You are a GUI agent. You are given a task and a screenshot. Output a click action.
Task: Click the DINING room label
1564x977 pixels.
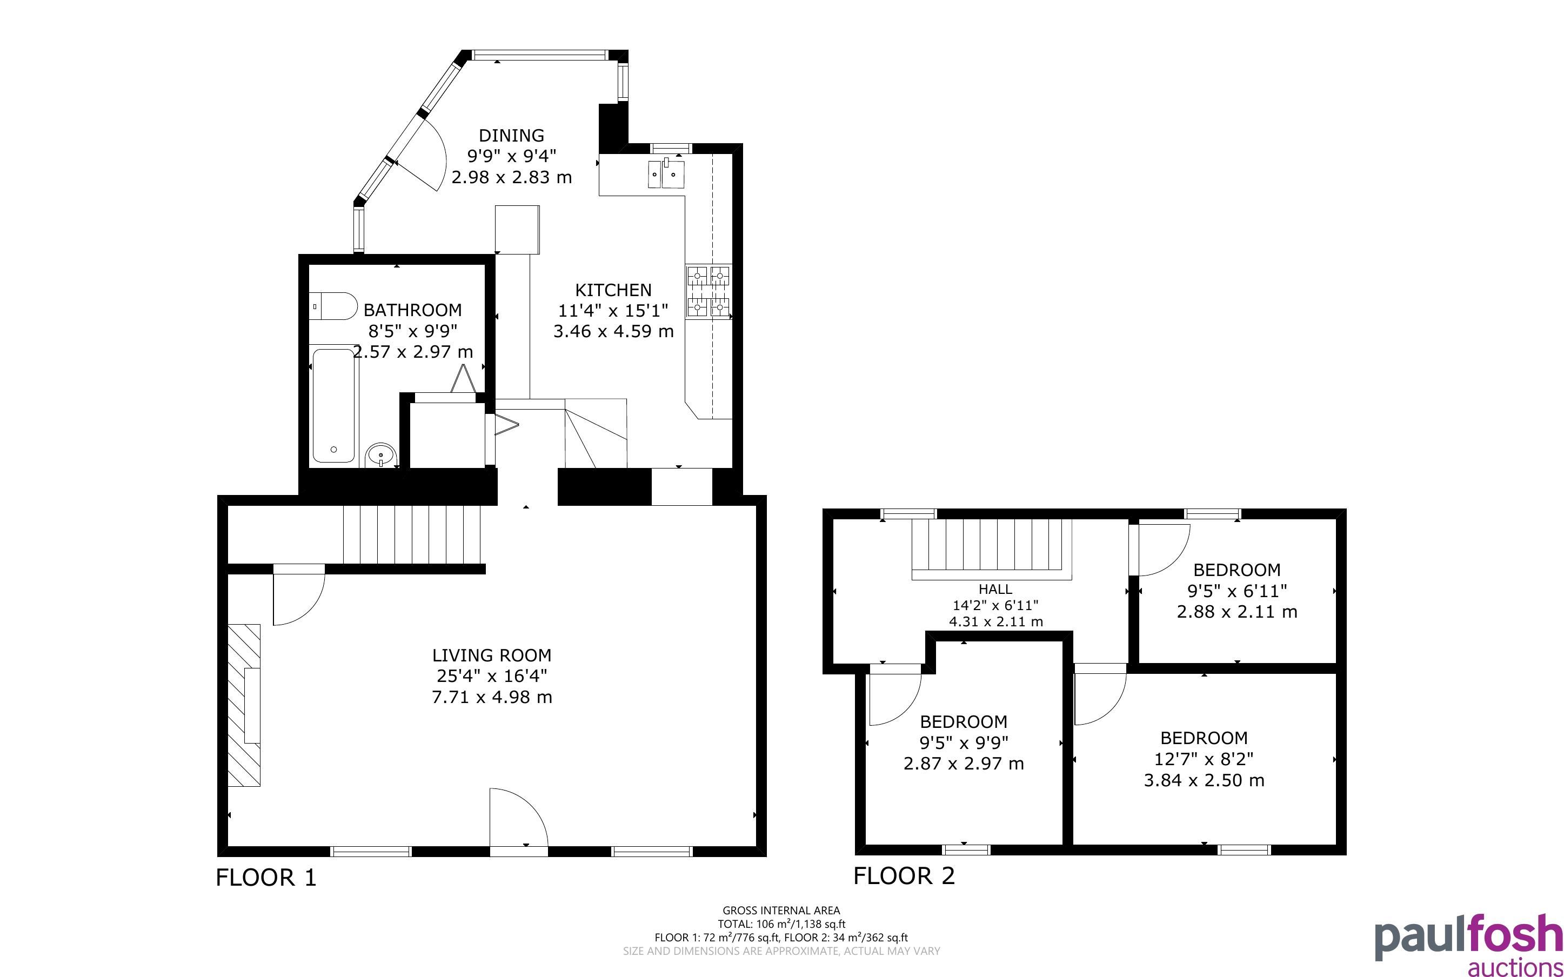pos(511,136)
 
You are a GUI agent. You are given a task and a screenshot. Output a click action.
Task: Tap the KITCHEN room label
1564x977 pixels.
pos(613,290)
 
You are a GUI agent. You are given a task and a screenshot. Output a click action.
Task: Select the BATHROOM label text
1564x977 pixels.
pos(412,310)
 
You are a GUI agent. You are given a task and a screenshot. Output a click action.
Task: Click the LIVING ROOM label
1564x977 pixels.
pos(492,655)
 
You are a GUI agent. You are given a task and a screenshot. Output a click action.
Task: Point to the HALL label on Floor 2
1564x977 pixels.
pos(995,590)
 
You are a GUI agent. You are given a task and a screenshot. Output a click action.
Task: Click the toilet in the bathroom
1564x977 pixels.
pos(333,306)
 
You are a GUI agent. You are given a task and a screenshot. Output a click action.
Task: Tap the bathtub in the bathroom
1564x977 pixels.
pos(334,406)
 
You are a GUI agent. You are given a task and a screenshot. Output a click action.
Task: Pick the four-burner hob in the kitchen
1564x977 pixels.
pos(709,291)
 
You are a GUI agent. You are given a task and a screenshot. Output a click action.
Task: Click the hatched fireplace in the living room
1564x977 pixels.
pos(244,705)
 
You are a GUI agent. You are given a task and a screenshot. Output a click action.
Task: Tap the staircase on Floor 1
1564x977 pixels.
pos(412,534)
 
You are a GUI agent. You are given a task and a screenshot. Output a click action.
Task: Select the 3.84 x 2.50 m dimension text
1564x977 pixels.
pos(1204,780)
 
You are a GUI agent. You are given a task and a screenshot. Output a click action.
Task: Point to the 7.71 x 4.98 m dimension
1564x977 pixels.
pos(492,697)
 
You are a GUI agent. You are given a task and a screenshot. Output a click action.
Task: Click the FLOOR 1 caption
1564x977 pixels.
pos(266,878)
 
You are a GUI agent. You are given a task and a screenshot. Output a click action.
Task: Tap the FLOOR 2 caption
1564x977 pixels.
pos(904,875)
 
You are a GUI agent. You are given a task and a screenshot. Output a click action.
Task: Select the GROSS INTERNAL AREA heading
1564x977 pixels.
pos(781,911)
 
